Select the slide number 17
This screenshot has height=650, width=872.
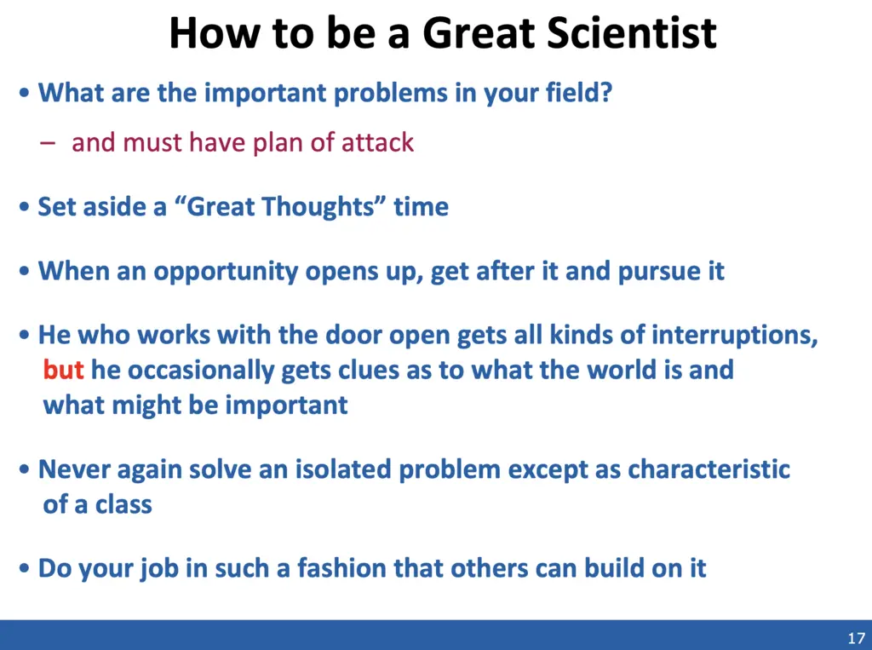pos(857,638)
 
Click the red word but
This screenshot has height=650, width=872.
pos(63,370)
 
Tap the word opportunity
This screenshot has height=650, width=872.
pos(226,272)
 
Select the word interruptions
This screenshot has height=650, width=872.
pos(735,335)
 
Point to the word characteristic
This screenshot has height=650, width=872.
pos(709,469)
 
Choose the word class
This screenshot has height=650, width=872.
pos(123,505)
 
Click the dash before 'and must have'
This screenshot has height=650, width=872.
pos(48,142)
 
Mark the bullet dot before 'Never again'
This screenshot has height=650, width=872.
pos(24,469)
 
